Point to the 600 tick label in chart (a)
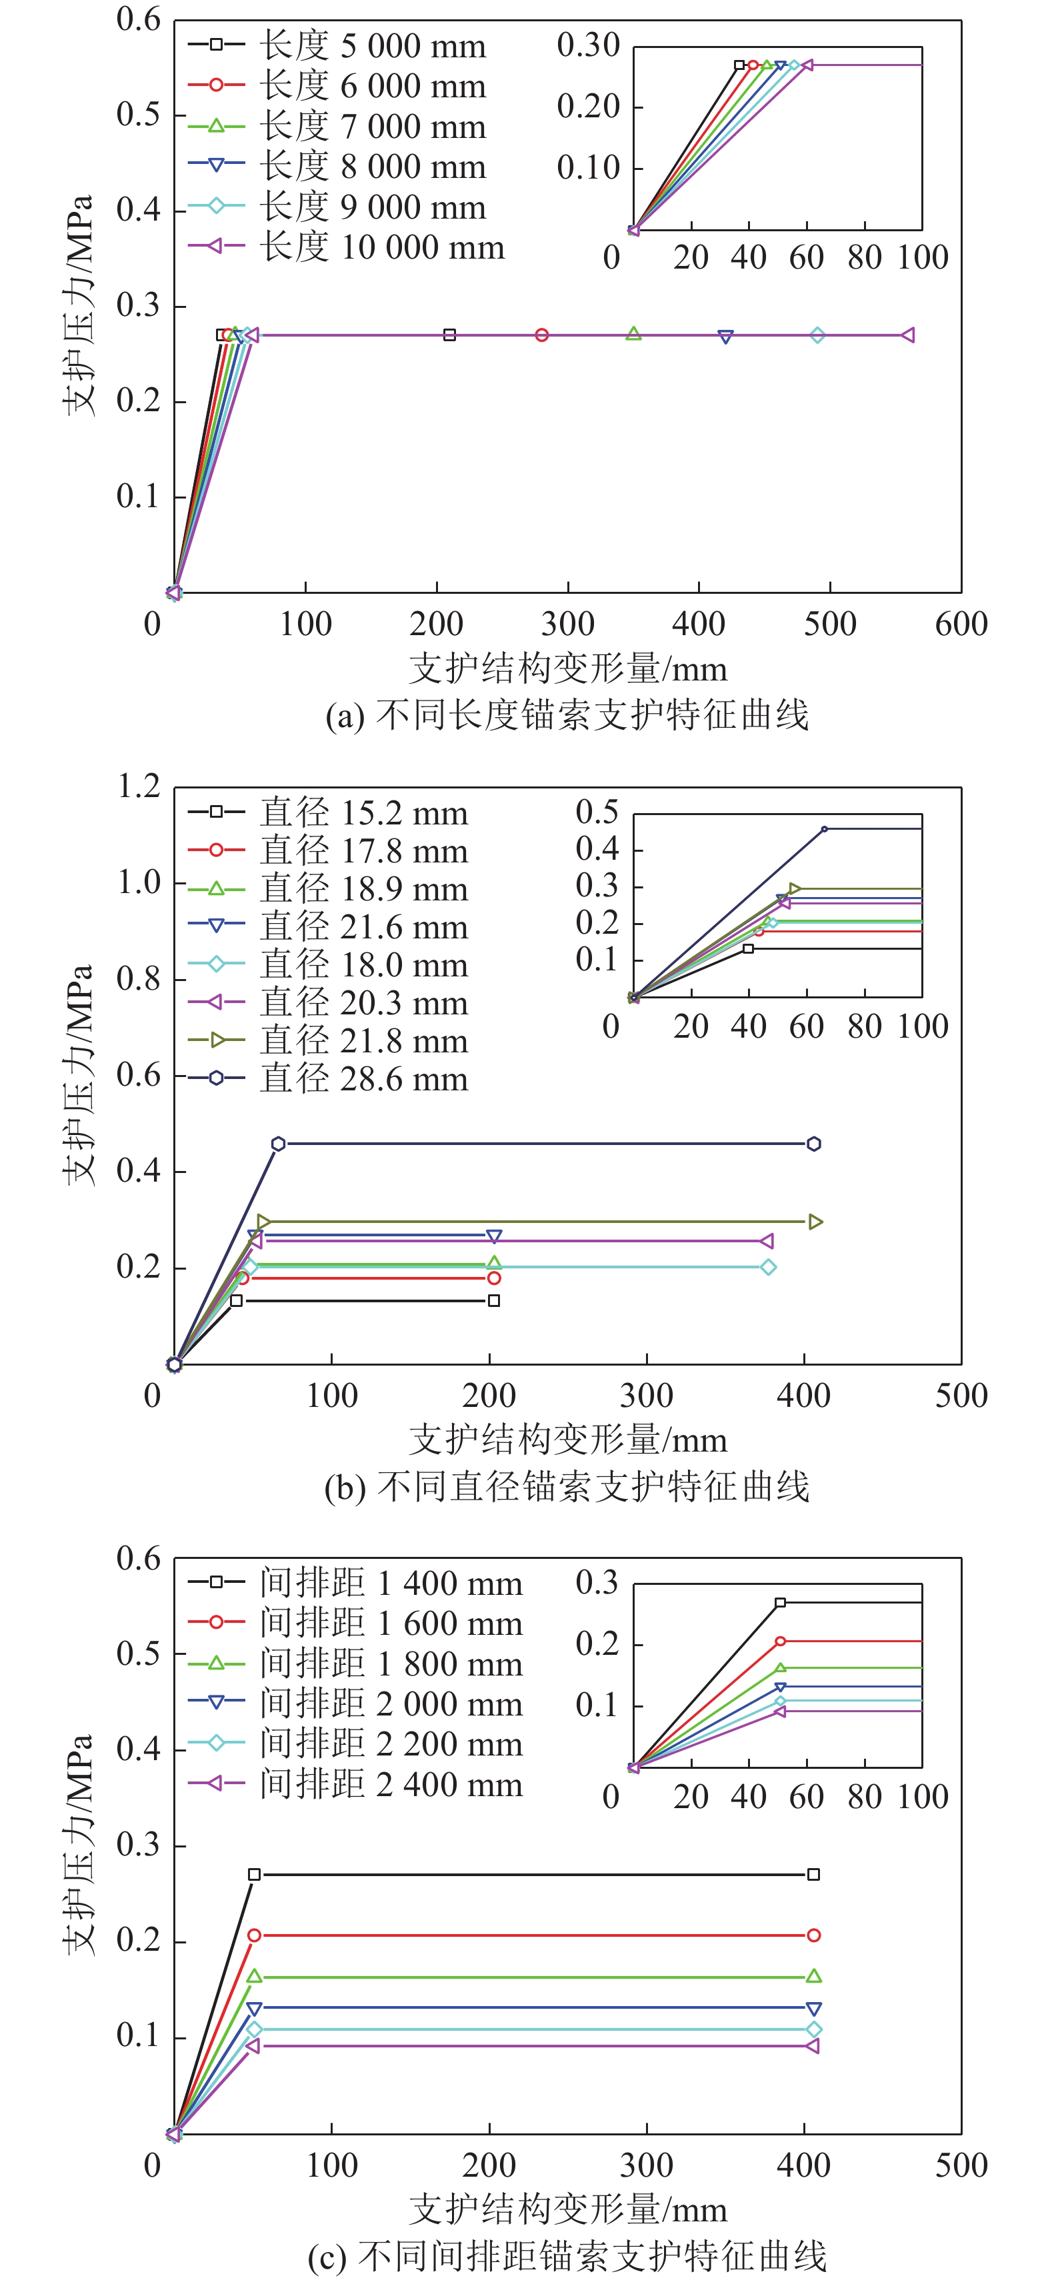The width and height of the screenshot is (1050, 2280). tap(961, 624)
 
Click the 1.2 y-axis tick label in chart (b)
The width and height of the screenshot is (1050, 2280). tap(139, 786)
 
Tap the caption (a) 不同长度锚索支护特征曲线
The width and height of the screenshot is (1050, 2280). tap(567, 715)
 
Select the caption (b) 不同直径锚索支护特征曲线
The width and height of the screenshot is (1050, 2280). tap(567, 1486)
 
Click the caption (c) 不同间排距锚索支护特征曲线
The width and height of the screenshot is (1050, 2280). tap(567, 2256)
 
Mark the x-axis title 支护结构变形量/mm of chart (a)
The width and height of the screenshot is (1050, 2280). tap(567, 669)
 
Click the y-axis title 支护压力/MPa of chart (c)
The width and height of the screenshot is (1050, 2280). tap(78, 1845)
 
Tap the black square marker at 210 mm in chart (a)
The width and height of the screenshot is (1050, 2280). tap(450, 335)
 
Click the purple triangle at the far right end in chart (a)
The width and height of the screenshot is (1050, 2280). tap(907, 335)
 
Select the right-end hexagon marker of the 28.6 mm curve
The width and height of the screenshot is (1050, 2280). tap(813, 1144)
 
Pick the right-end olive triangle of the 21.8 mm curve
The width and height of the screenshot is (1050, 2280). tap(815, 1222)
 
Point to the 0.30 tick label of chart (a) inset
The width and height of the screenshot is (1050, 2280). tap(588, 46)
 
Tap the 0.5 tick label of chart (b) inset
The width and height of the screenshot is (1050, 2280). tap(597, 812)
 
